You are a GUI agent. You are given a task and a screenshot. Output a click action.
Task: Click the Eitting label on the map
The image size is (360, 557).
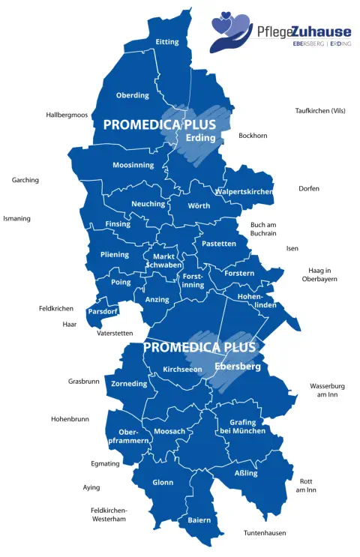pyautogui.click(x=166, y=42)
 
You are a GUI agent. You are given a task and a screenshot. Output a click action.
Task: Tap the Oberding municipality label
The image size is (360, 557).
pyautogui.click(x=132, y=95)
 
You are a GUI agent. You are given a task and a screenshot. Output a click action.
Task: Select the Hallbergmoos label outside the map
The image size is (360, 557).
pyautogui.click(x=67, y=115)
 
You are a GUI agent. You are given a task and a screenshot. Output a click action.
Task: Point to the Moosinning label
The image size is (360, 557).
pyautogui.click(x=133, y=165)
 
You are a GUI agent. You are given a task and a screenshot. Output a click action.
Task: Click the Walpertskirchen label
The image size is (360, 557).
pyautogui.click(x=244, y=192)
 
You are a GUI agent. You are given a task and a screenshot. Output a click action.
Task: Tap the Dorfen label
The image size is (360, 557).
pyautogui.click(x=308, y=188)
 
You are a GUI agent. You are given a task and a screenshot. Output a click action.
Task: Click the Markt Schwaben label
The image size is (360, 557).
pyautogui.click(x=163, y=261)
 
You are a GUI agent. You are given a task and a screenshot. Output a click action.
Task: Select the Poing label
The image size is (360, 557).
pyautogui.click(x=120, y=283)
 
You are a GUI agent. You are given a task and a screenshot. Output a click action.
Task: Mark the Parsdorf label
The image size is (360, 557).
pyautogui.click(x=103, y=310)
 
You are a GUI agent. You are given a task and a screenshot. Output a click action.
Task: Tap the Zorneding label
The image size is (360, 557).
pyautogui.click(x=129, y=383)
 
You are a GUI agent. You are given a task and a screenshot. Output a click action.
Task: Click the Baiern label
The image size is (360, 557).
pyautogui.click(x=199, y=520)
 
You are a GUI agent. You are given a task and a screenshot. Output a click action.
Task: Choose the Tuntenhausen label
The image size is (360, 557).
pyautogui.click(x=265, y=533)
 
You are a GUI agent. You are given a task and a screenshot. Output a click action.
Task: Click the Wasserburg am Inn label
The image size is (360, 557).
pyautogui.click(x=328, y=391)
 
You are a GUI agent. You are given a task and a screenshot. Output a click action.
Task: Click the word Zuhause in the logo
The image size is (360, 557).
pyautogui.click(x=322, y=31)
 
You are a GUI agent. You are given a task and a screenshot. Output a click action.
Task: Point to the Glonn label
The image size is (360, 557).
pyautogui.click(x=163, y=482)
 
